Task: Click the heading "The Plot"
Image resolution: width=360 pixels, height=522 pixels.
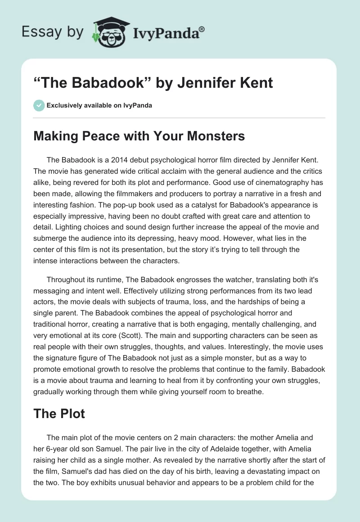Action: coord(59,414)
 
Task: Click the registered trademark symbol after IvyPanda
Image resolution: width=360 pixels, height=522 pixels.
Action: coord(202,28)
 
